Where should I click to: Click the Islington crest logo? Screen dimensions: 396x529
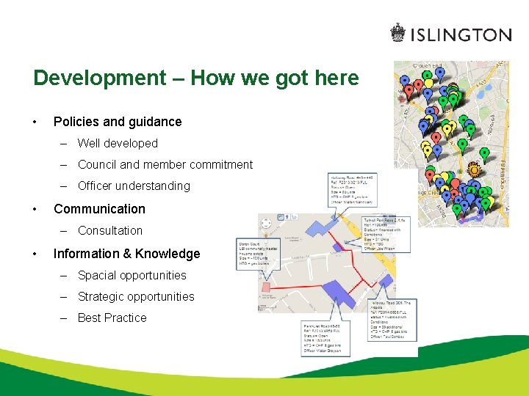397,34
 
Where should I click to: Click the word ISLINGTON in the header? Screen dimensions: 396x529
460,34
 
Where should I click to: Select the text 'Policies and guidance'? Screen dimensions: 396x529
118,122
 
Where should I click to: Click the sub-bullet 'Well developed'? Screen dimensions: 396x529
118,143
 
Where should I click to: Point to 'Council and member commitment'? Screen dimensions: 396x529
165,164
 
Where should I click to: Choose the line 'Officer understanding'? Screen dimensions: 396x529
134,186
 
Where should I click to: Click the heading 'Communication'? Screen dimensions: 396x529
99,209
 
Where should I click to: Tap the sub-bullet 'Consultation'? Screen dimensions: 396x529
110,230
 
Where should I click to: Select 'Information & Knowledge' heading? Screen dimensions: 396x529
126,254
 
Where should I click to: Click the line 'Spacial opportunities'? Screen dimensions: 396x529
132,275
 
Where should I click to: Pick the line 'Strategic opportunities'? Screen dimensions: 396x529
136,296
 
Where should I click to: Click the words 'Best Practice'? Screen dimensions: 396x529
112,318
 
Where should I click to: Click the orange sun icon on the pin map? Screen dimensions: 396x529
475,171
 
